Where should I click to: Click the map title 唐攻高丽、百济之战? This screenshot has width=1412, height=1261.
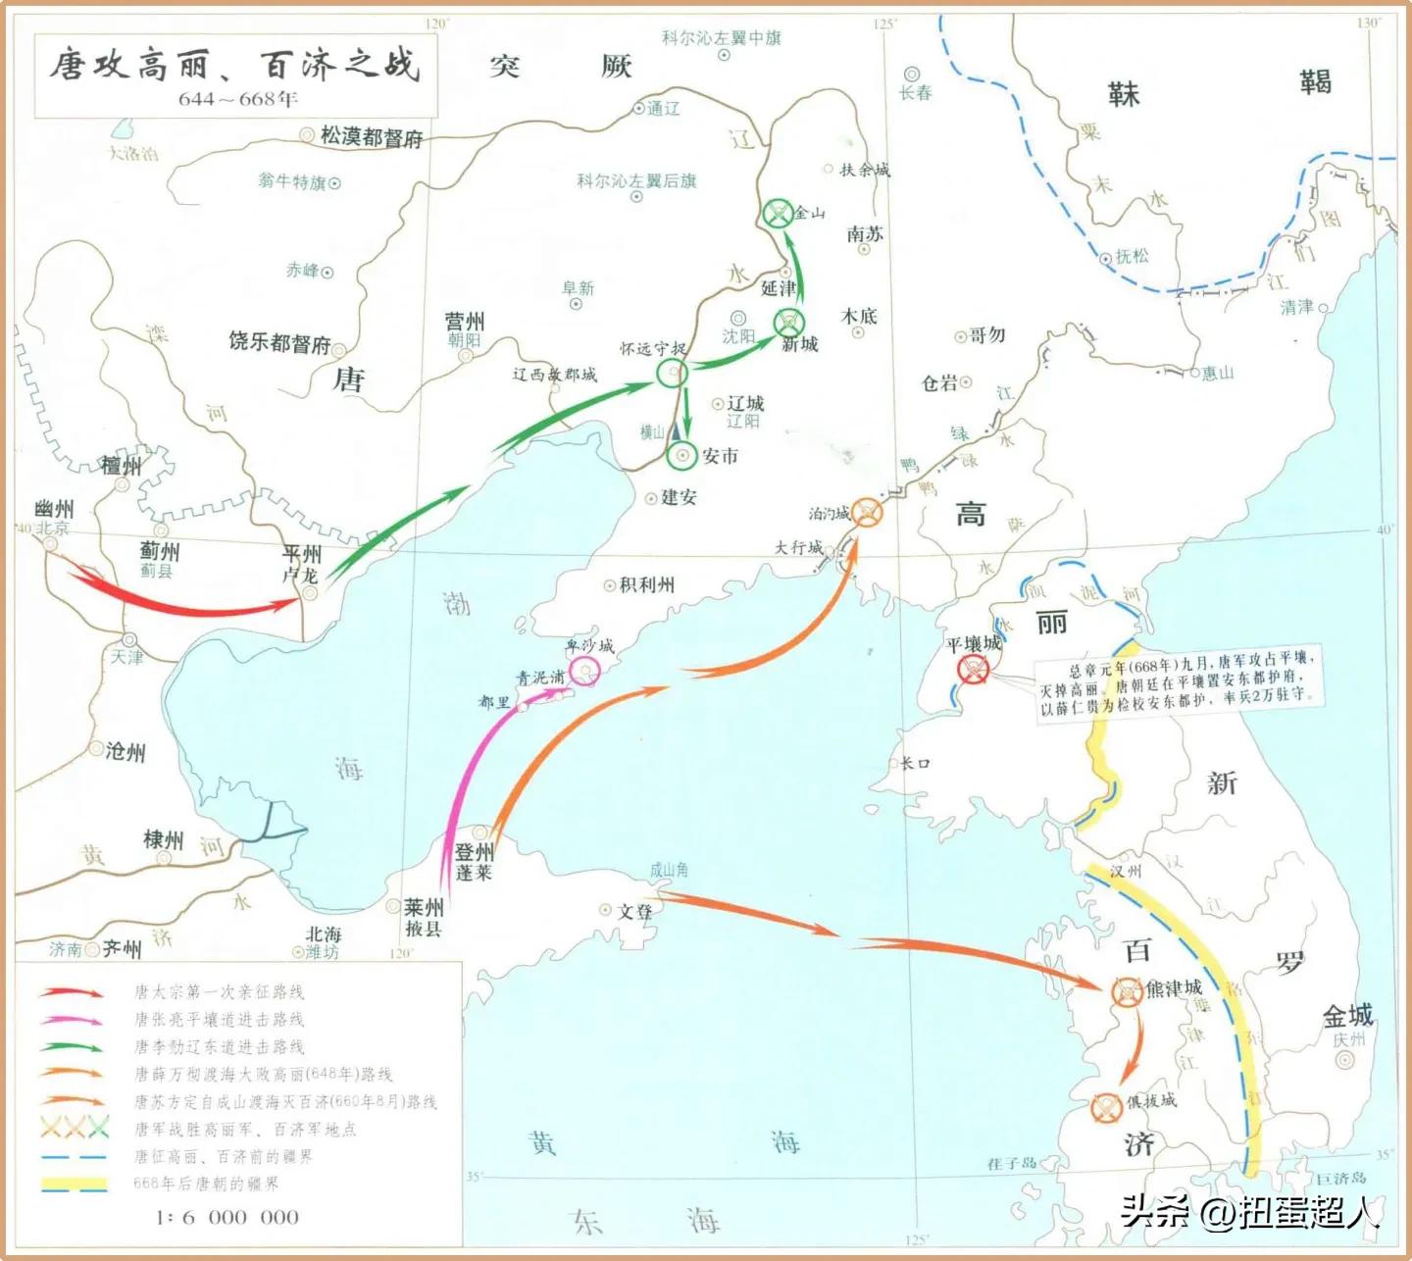[235, 65]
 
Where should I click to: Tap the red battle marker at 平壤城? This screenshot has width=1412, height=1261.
[973, 670]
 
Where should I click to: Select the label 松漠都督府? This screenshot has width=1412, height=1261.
[372, 137]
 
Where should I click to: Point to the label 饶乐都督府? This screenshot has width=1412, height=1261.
[279, 343]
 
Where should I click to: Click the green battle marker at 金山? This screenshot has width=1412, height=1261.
[778, 213]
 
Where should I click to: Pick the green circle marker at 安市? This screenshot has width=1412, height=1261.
[681, 456]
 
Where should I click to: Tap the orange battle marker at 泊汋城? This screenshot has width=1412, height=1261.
[866, 512]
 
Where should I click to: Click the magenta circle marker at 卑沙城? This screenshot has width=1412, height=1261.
[585, 671]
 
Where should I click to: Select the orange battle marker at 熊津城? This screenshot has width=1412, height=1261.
[1126, 992]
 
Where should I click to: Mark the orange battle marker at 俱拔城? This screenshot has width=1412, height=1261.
[1106, 1107]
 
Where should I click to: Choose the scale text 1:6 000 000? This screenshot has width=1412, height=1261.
[227, 1217]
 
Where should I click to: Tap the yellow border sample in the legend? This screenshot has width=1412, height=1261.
[74, 1184]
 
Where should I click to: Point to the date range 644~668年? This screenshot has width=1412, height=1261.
[238, 99]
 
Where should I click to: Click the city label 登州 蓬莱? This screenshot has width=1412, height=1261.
[474, 862]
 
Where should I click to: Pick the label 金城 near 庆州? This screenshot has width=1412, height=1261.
[1347, 1016]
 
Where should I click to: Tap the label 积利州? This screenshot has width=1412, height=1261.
[647, 585]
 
